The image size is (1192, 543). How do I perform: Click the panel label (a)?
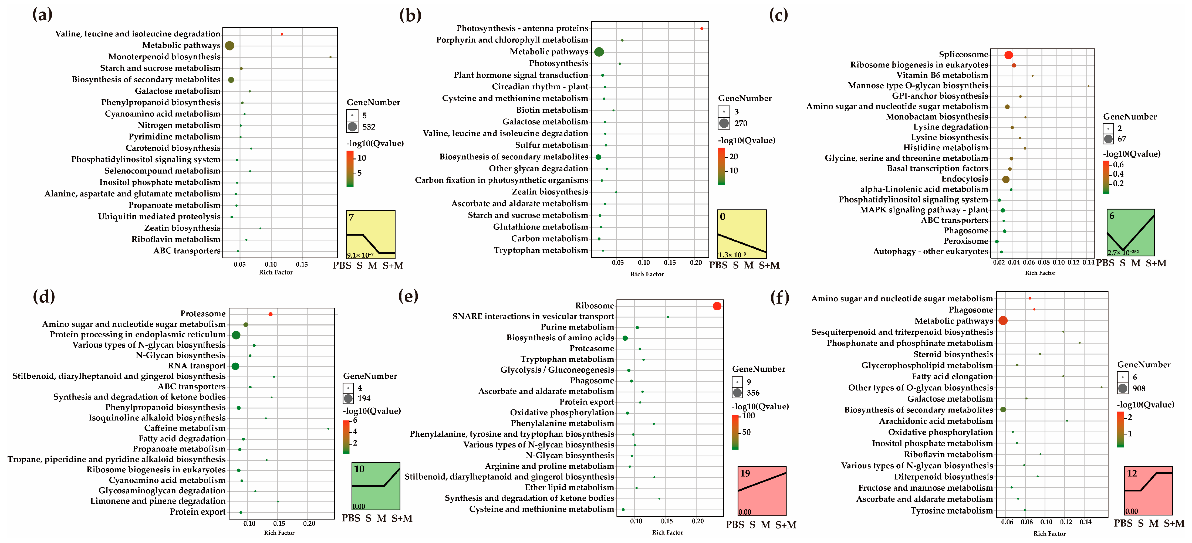[x=42, y=15]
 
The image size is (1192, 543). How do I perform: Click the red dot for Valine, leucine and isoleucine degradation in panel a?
[x=282, y=34]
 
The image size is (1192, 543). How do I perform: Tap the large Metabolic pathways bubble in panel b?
[x=599, y=52]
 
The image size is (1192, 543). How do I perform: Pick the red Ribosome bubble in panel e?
[x=717, y=306]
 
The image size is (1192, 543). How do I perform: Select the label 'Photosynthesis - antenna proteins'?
[x=522, y=29]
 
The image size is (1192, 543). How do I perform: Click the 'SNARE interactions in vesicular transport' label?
[x=533, y=316]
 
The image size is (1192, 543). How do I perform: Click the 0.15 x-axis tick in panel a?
[x=302, y=264]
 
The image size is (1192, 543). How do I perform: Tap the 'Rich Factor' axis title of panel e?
[x=667, y=532]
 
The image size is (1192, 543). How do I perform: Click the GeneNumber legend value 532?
[x=369, y=127]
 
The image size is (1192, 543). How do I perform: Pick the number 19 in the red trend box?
[x=745, y=473]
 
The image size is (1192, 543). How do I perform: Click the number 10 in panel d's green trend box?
[x=359, y=469]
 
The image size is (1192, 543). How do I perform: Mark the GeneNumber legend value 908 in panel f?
[x=1139, y=389]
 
